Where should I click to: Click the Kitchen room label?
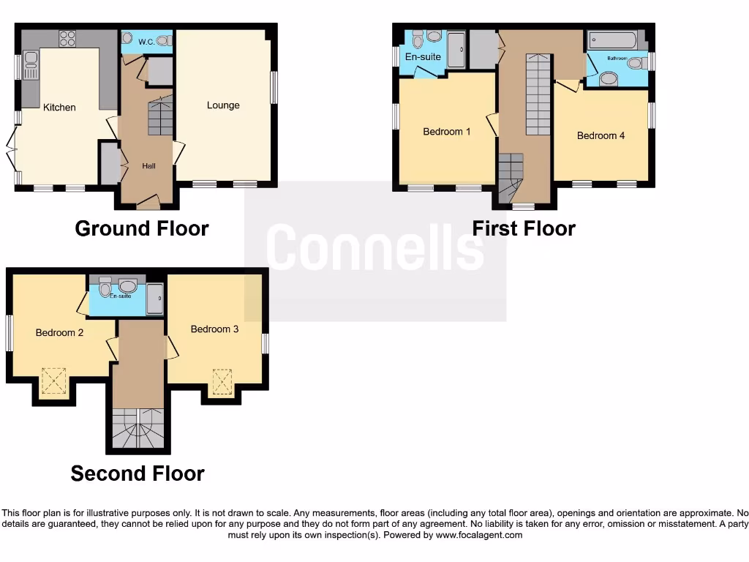pyautogui.click(x=59, y=108)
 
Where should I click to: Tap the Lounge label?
pyautogui.click(x=223, y=105)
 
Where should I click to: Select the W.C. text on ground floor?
pyautogui.click(x=146, y=42)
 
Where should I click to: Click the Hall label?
pyautogui.click(x=149, y=166)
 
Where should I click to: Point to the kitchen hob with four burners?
pyautogui.click(x=67, y=38)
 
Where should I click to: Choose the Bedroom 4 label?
pyautogui.click(x=601, y=135)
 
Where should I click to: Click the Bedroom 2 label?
pyautogui.click(x=59, y=332)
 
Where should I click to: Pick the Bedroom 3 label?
pyautogui.click(x=214, y=329)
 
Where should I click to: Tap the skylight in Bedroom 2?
pyautogui.click(x=53, y=381)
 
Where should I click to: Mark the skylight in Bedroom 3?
pyautogui.click(x=222, y=381)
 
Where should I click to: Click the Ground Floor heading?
pyautogui.click(x=142, y=228)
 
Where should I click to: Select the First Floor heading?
pyautogui.click(x=524, y=228)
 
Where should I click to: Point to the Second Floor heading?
pyautogui.click(x=138, y=473)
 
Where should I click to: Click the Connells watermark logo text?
pyautogui.click(x=374, y=247)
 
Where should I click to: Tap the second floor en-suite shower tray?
pyautogui.click(x=155, y=299)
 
